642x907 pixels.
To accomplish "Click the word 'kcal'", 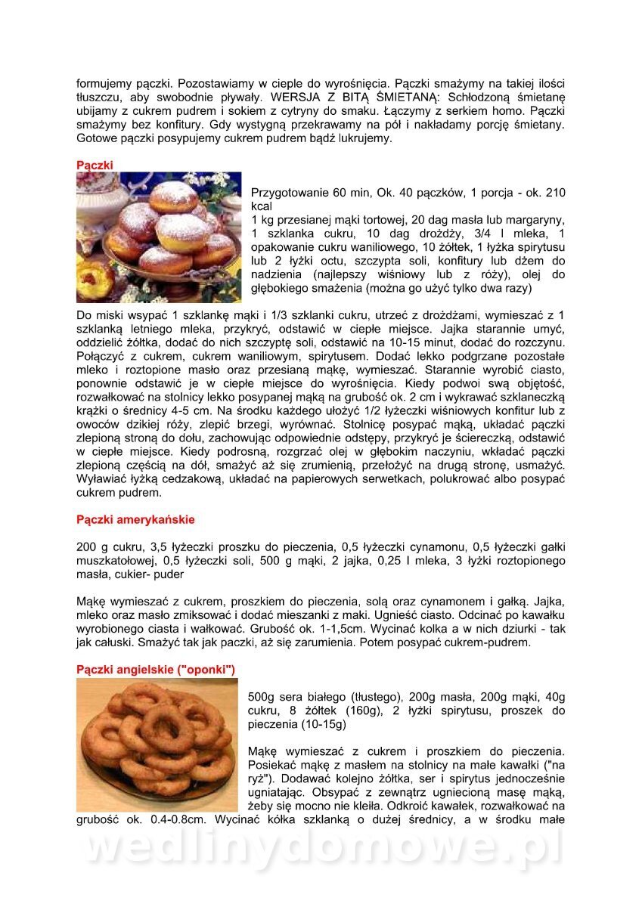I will click(x=262, y=206).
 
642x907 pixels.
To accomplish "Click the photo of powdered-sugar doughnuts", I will click(x=159, y=237).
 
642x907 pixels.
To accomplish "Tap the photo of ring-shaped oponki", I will click(x=157, y=744).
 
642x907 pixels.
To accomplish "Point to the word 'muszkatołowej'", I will click(x=115, y=560).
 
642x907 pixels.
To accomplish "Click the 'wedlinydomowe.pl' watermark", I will click(x=321, y=850).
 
